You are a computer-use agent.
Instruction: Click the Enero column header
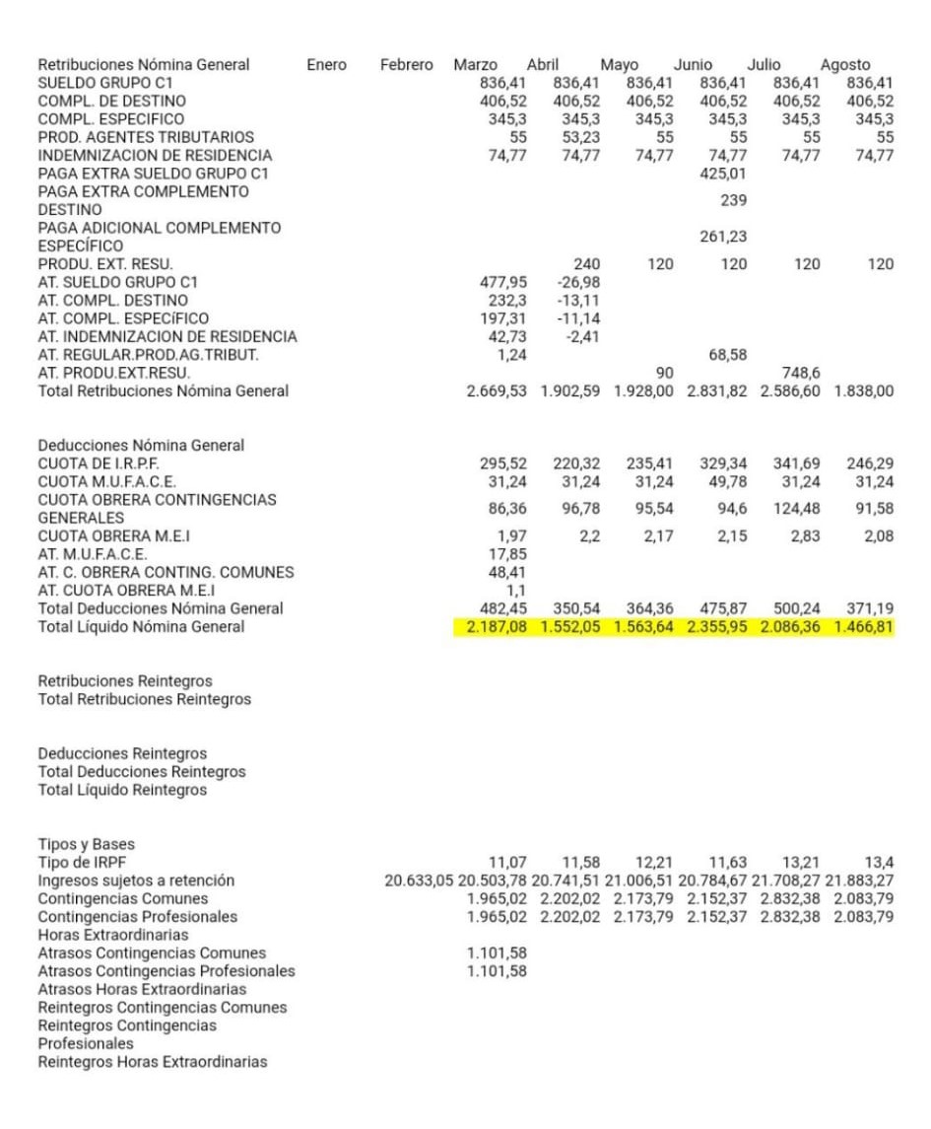point(326,65)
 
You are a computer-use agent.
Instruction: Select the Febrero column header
point(406,65)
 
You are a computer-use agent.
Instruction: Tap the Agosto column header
point(845,65)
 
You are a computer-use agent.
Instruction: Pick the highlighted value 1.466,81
point(864,627)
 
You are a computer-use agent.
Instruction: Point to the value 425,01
point(723,174)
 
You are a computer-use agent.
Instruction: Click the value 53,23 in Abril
point(580,137)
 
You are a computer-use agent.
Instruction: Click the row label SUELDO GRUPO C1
point(104,83)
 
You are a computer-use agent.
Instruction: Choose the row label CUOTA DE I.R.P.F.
point(99,463)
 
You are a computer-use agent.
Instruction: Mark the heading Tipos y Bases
point(86,844)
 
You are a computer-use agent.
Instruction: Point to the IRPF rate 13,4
point(879,863)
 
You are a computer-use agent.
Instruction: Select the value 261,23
point(723,237)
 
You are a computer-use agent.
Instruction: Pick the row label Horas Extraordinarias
point(112,935)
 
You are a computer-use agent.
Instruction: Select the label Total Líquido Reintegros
point(122,790)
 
